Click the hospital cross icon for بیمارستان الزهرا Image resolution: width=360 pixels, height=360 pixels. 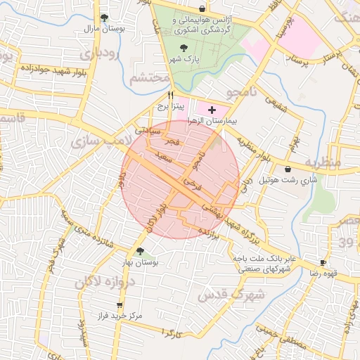pos(212,110)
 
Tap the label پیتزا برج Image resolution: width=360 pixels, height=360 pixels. pos(169,107)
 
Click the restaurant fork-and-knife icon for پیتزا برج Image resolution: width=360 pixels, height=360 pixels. pos(169,95)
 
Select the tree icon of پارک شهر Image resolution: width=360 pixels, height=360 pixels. pos(184,48)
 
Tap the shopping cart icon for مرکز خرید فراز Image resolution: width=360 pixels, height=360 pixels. pos(120,305)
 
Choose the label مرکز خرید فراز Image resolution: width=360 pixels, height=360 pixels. pos(120,316)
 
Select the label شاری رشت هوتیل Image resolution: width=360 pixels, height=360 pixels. pos(289,180)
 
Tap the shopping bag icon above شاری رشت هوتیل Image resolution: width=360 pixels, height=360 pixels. pos(289,169)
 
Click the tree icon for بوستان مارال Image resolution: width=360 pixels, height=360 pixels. pos(104,18)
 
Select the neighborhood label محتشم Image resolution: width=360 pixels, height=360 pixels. pos(150,76)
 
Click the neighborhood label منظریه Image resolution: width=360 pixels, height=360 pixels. pos(323,162)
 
